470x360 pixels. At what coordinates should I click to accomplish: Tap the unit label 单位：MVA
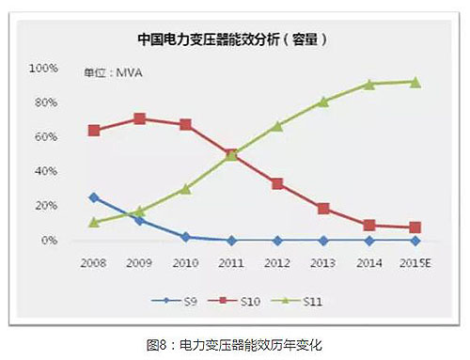112,72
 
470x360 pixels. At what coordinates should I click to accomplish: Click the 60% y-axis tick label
44,137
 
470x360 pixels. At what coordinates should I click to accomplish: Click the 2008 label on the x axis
93,265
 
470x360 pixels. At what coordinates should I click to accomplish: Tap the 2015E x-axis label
415,265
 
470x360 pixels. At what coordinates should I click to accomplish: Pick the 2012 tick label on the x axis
277,265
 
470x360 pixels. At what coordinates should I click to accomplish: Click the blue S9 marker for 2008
93,197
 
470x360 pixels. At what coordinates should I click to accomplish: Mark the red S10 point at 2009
139,118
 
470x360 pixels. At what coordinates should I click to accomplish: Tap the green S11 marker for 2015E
415,82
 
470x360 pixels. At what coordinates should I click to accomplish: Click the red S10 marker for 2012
277,183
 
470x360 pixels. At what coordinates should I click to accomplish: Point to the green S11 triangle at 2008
93,222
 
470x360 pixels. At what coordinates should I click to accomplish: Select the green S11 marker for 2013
323,102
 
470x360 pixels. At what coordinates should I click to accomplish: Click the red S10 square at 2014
369,226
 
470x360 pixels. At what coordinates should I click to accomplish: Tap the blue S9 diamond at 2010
185,237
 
